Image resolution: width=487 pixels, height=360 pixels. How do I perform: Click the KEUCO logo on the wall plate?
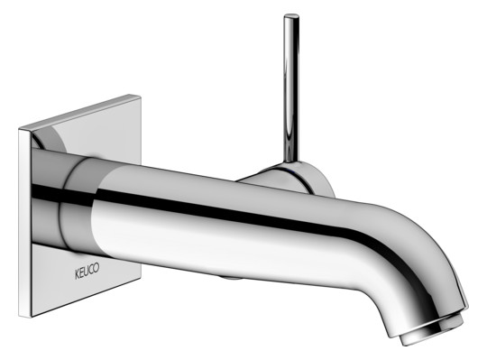pyautogui.click(x=87, y=271)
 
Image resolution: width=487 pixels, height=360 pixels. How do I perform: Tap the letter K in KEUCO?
pyautogui.click(x=78, y=274)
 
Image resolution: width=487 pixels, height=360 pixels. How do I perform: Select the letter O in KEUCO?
pyautogui.click(x=96, y=267)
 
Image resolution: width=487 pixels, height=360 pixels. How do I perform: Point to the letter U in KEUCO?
pyautogui.click(x=87, y=271)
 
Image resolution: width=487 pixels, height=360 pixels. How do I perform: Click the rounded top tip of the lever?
pyautogui.click(x=291, y=15)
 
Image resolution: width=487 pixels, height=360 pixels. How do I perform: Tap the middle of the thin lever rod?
pyautogui.click(x=291, y=88)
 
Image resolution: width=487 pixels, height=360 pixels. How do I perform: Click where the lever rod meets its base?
pyautogui.click(x=291, y=162)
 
